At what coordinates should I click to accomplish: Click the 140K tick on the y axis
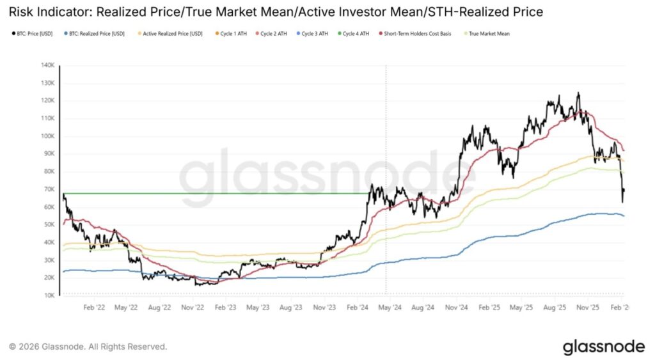click(x=48, y=65)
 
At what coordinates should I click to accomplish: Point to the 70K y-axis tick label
click(x=49, y=189)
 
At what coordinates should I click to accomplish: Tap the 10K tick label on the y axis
click(x=49, y=295)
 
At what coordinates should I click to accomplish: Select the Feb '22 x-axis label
click(x=93, y=307)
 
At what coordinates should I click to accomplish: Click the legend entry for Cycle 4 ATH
click(x=356, y=33)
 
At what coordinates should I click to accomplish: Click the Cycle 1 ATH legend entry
click(x=234, y=33)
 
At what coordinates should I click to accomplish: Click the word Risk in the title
click(x=21, y=11)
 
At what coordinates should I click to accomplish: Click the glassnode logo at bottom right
click(x=603, y=347)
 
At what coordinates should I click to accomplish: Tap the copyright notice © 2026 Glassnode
click(x=88, y=347)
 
